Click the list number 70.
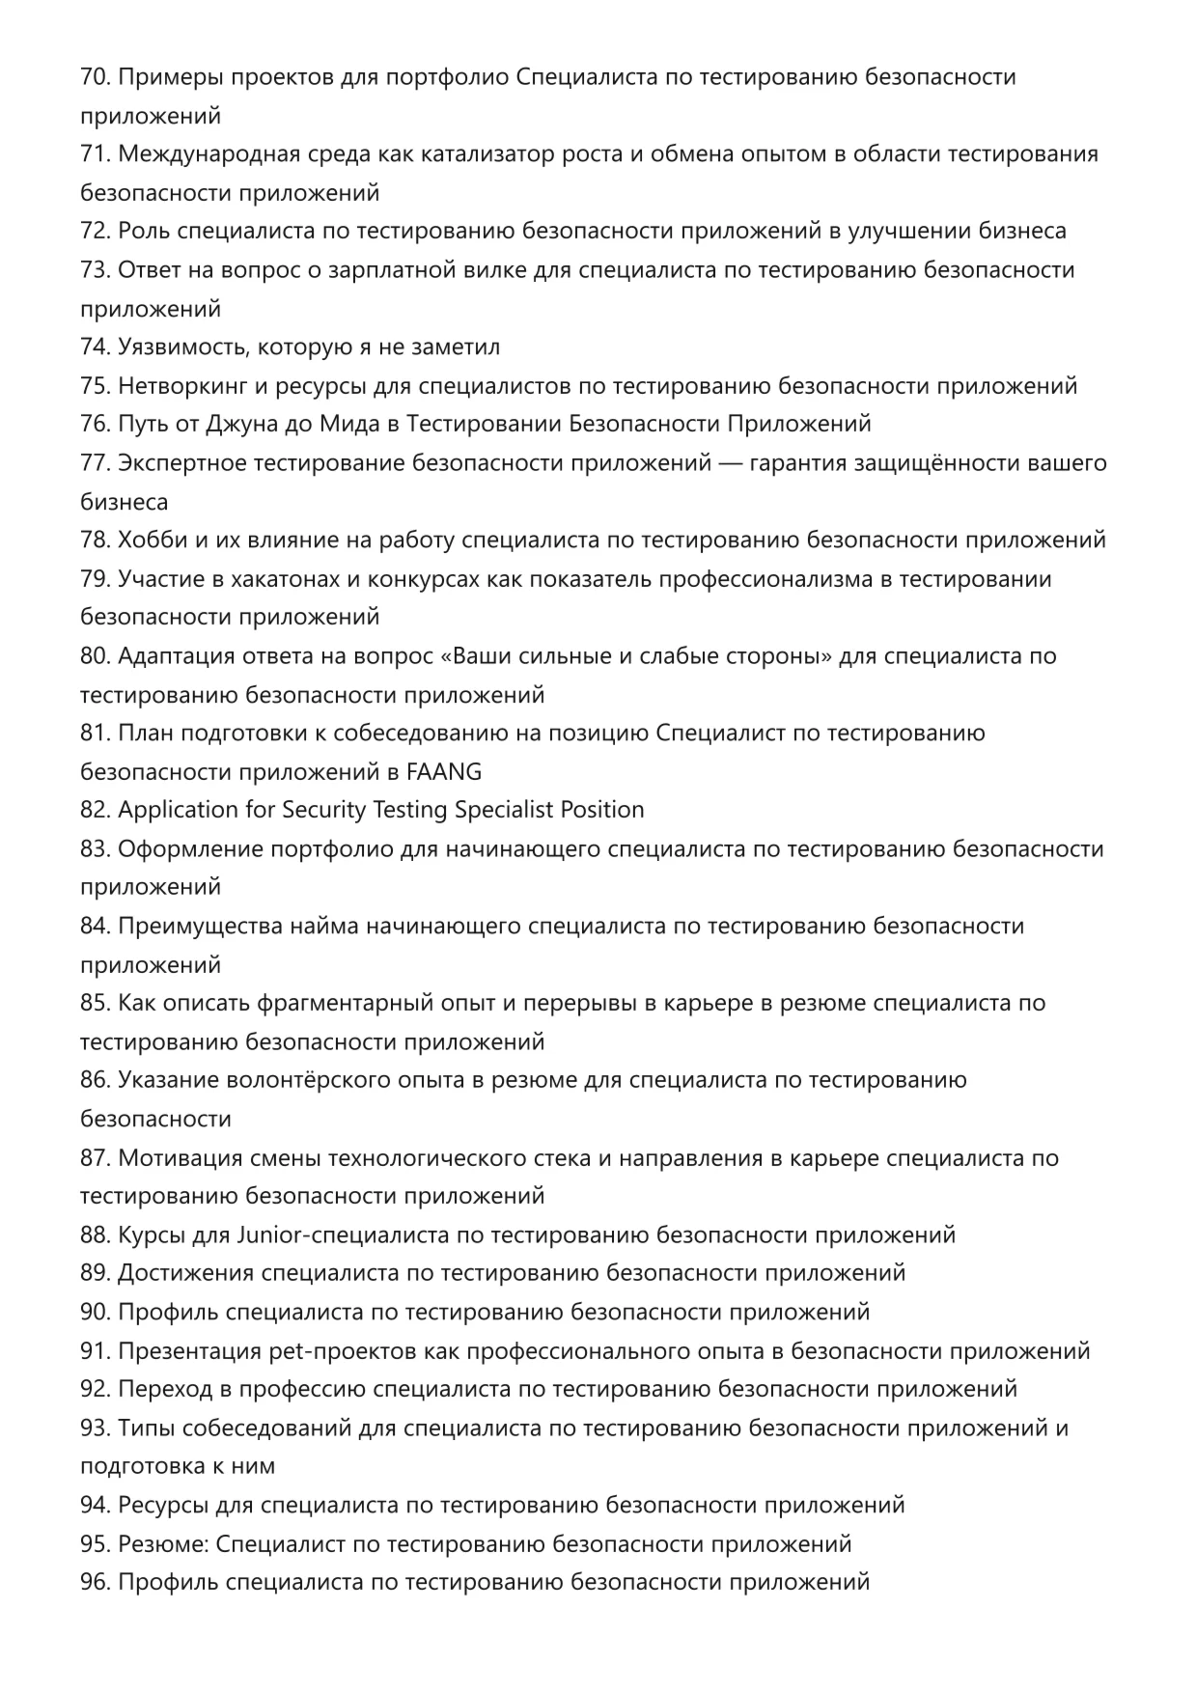pos(95,77)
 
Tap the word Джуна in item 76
pos(238,425)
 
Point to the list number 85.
pos(95,1003)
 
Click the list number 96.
pos(95,1582)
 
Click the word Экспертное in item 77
pos(181,463)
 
